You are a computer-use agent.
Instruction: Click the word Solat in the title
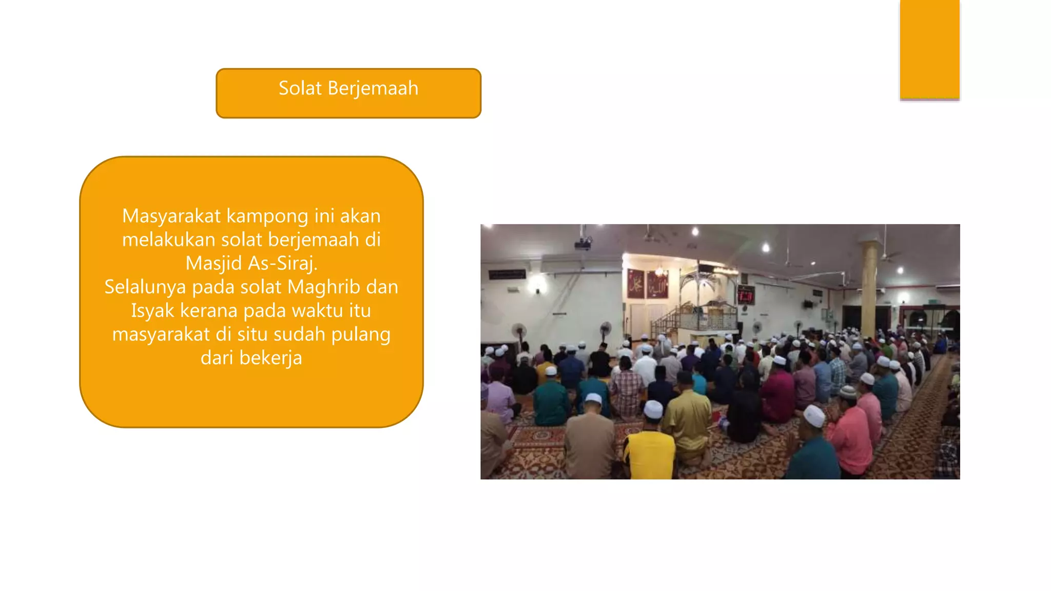pos(300,88)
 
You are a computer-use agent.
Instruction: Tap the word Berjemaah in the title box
pos(373,89)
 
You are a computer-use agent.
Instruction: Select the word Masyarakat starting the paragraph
pos(171,216)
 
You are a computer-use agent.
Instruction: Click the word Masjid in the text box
pos(213,263)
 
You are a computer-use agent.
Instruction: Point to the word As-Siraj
pos(283,263)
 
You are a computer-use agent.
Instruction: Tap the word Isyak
pos(153,310)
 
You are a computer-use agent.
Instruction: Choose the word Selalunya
pos(145,287)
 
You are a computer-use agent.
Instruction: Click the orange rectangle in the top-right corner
pos(929,49)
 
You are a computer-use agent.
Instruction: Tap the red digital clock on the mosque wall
pos(745,295)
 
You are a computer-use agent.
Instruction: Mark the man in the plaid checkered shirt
pos(626,390)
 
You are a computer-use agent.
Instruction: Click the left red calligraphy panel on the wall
pos(636,283)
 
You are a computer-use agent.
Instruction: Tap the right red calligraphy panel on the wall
pos(657,284)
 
